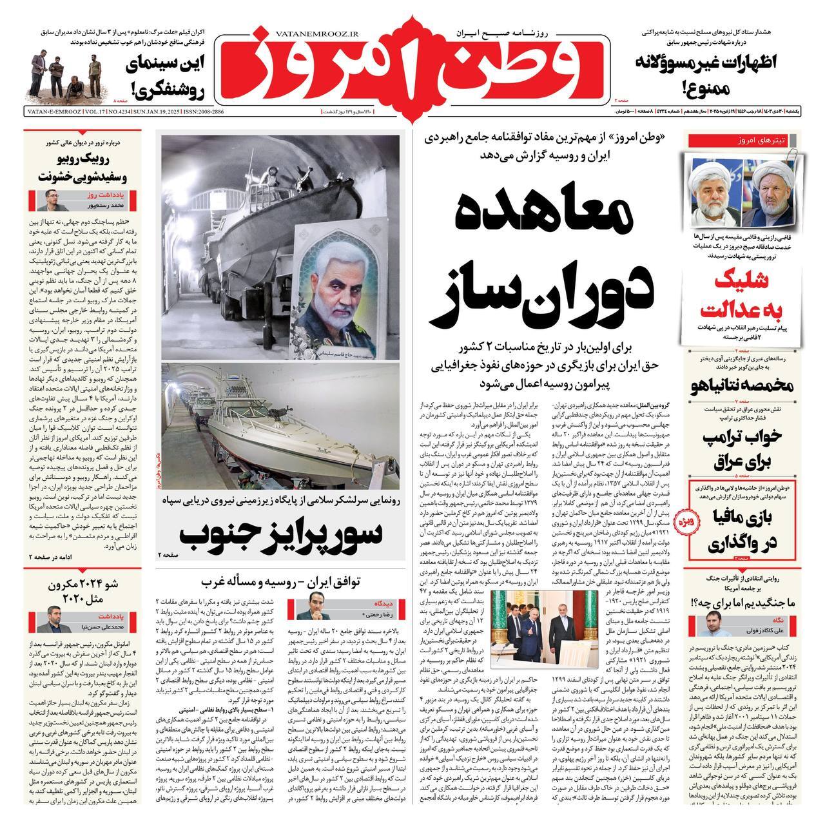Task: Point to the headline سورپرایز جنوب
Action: (280, 533)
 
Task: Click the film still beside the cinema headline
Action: (67, 72)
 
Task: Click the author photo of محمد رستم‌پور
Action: (50, 200)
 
